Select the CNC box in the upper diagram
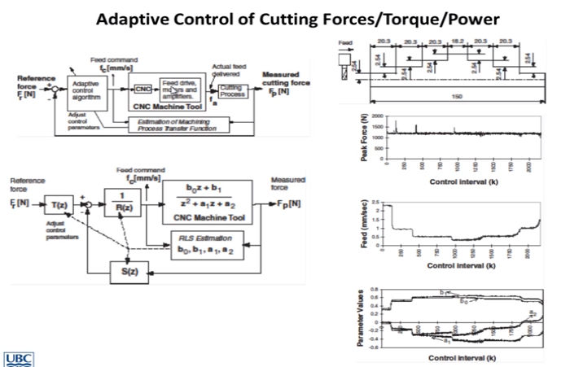click(143, 89)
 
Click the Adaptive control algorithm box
click(85, 91)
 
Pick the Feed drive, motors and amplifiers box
click(181, 88)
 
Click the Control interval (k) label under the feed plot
click(461, 265)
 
